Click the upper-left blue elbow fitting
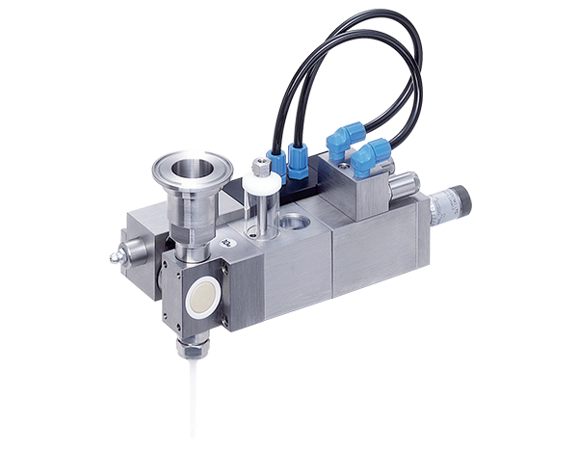[339, 144]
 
